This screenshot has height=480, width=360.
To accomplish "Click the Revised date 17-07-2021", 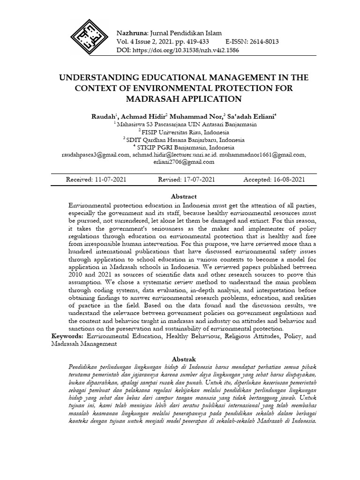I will (x=199, y=180).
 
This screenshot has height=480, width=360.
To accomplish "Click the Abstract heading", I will (x=184, y=196).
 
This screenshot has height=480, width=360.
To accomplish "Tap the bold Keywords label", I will (x=67, y=336).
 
